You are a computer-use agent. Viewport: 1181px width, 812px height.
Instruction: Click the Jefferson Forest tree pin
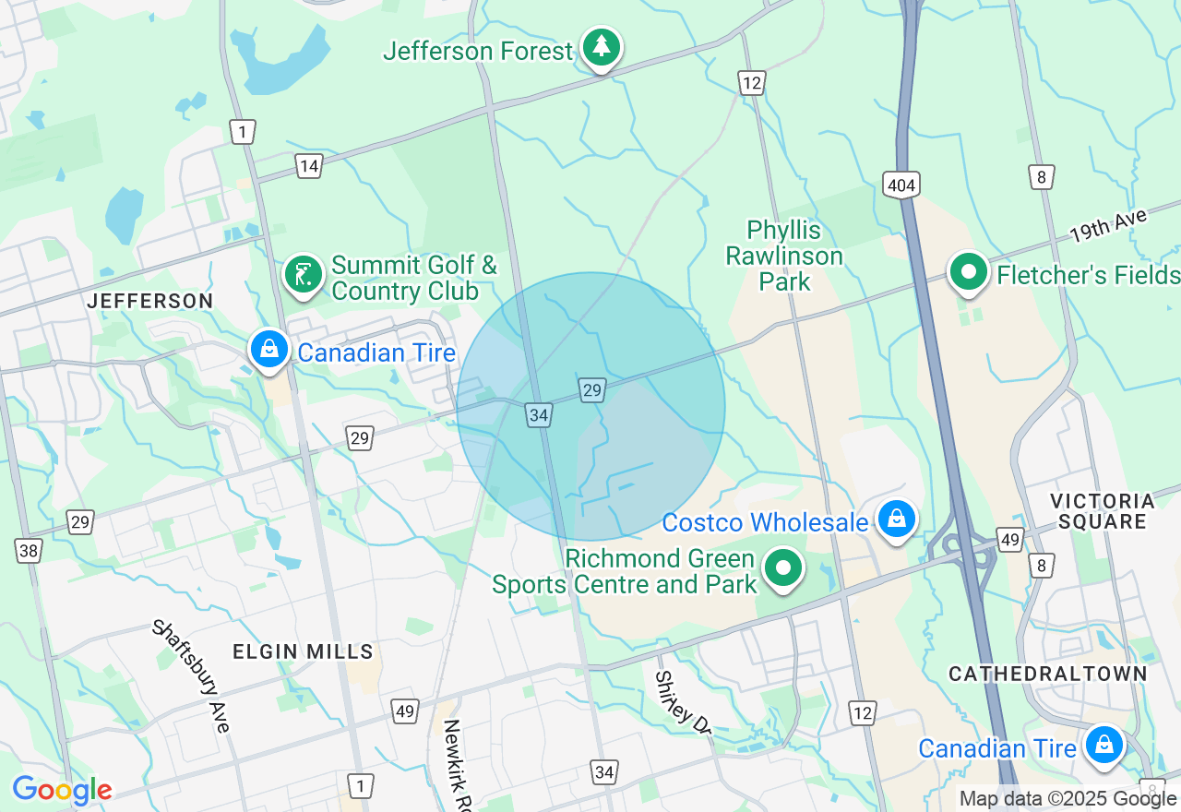[x=602, y=46]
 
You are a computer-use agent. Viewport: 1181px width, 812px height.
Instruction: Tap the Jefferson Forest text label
[x=478, y=51]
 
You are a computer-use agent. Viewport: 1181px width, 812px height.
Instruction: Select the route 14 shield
[x=308, y=166]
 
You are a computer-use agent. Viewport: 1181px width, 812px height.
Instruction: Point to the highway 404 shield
[x=901, y=185]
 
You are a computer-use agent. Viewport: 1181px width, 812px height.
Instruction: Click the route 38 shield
[x=29, y=552]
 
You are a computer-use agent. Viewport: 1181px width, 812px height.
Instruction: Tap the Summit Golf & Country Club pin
[x=303, y=274]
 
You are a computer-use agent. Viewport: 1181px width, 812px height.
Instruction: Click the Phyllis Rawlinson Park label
[x=784, y=256]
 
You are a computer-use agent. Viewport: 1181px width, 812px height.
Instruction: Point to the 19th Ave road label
[x=1109, y=226]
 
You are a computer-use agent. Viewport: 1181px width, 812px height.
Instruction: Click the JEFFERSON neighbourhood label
[x=150, y=301]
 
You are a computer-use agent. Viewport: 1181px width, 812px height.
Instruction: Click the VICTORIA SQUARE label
[x=1103, y=511]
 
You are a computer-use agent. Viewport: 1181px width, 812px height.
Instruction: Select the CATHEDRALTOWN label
[x=1048, y=674]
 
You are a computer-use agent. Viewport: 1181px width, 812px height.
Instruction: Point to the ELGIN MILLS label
[x=303, y=651]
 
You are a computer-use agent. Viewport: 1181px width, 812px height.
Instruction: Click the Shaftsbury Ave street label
[x=191, y=675]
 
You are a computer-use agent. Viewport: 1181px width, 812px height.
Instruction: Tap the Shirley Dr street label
[x=683, y=701]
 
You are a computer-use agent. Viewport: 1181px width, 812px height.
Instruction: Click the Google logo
[x=62, y=790]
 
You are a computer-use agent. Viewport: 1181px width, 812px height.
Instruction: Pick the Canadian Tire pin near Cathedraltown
[x=1103, y=745]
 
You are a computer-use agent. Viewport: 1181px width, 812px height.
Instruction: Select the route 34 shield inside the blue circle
[x=539, y=415]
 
